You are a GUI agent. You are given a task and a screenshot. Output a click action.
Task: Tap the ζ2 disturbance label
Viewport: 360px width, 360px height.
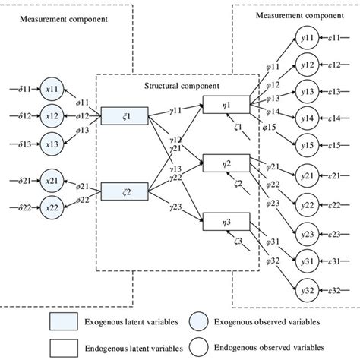(x=238, y=184)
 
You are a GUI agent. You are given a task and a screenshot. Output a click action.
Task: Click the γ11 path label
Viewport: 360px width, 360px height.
(x=180, y=110)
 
